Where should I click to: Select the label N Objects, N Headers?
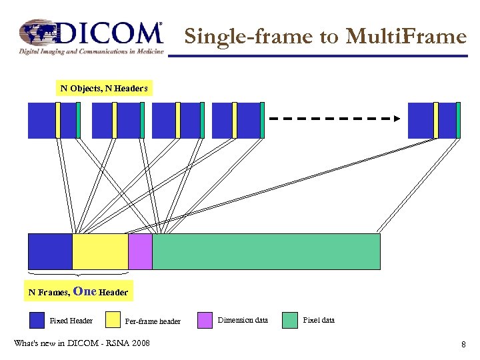(x=104, y=88)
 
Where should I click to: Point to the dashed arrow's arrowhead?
(x=396, y=119)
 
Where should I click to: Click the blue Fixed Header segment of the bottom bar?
(x=50, y=251)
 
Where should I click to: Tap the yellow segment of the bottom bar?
(x=100, y=251)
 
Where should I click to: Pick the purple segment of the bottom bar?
(x=140, y=251)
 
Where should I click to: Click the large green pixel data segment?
(x=266, y=251)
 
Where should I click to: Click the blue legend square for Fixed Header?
(x=37, y=321)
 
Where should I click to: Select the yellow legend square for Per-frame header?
(x=111, y=321)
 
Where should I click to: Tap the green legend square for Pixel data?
(x=289, y=321)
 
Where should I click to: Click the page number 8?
(x=463, y=344)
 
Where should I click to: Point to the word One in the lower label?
(x=85, y=291)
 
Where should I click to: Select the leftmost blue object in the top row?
(x=43, y=120)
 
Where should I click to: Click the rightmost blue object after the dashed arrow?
(x=421, y=120)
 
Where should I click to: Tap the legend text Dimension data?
(x=243, y=321)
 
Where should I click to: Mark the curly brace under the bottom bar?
(x=79, y=273)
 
